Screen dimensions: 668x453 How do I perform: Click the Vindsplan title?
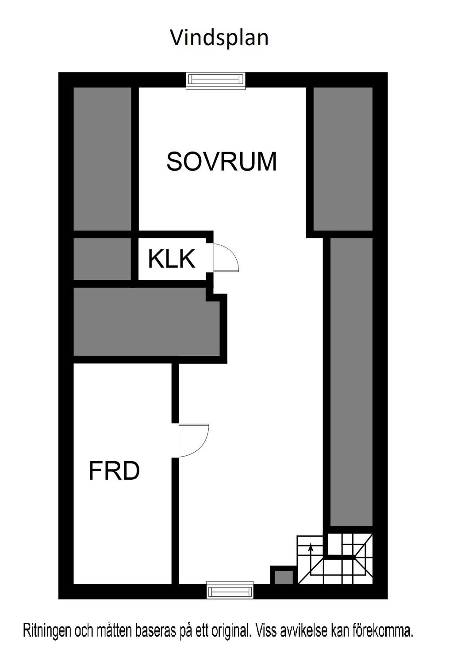(219, 38)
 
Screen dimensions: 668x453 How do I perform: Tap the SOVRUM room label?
(221, 161)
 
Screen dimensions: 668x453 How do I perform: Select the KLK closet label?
(172, 259)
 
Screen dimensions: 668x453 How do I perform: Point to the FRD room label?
(114, 471)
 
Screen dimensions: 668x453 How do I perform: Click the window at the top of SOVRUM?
(215, 80)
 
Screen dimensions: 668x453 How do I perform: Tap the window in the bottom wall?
(230, 591)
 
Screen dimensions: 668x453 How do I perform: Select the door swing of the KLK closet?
(226, 257)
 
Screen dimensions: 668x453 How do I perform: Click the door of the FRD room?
(193, 440)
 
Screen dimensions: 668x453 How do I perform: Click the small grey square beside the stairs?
(284, 577)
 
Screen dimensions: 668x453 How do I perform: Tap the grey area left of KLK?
(102, 259)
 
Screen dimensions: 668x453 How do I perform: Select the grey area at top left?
(102, 158)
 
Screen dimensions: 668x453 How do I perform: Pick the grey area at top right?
(343, 158)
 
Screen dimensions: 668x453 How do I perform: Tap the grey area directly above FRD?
(146, 322)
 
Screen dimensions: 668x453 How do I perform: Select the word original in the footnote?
(230, 630)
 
